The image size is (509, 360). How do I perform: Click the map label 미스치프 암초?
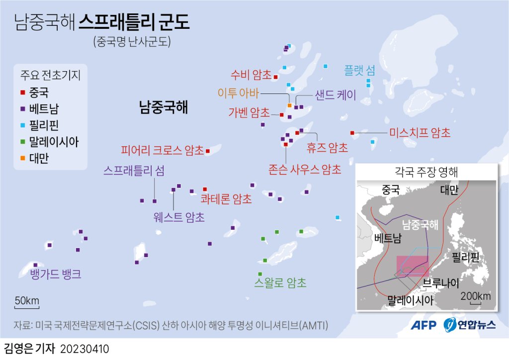pos(420,133)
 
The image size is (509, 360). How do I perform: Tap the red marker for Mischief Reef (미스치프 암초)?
pos(352,133)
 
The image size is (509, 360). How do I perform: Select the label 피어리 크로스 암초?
pos(162,150)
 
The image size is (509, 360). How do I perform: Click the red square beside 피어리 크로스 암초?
pos(208,151)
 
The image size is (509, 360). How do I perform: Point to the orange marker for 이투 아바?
pos(289,105)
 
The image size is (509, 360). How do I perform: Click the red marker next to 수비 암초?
pos(275,77)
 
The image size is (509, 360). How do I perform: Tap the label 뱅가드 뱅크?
pos(55,274)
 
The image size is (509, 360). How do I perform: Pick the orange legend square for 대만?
pos(23,159)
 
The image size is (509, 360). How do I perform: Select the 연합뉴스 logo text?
pos(477,325)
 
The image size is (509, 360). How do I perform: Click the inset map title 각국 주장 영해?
pos(426,173)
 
